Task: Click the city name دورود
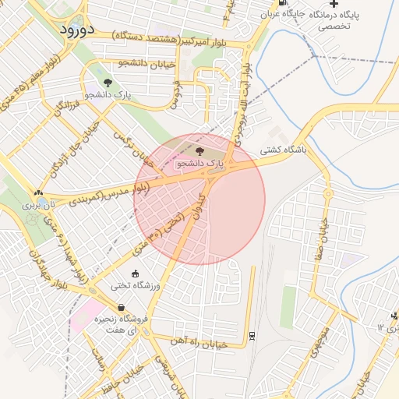[76, 30]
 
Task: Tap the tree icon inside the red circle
[200, 151]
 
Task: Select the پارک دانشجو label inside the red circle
[200, 164]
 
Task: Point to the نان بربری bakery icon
[38, 192]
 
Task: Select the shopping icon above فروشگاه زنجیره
[122, 307]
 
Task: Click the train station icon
[252, 336]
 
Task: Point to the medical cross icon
[334, 4]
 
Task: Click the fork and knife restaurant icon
[394, 316]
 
